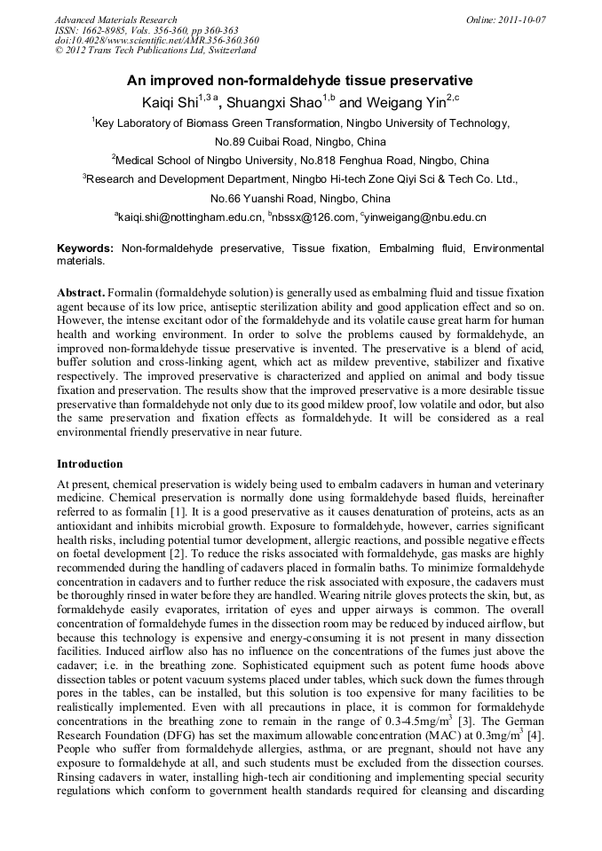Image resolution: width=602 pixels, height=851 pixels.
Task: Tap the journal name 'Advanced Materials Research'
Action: [115, 20]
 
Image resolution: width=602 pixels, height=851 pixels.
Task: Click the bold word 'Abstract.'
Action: [81, 292]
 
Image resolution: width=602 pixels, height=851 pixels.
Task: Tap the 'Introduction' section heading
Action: [90, 464]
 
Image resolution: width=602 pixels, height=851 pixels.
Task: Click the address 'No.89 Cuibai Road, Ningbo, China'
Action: [301, 142]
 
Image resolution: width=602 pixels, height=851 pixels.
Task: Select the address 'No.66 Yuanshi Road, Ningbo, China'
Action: [300, 199]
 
